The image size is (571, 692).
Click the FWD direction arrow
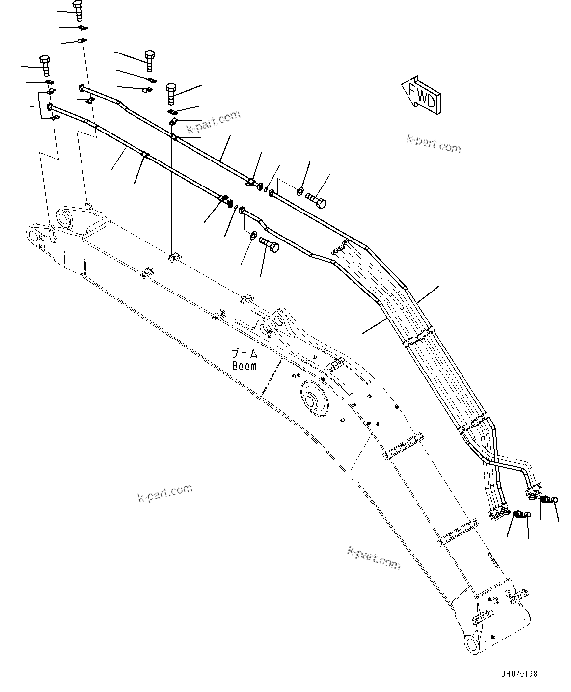coord(420,95)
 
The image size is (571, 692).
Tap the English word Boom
coord(244,366)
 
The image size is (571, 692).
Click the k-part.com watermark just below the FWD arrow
coord(434,144)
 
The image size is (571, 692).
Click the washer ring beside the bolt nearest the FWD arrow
coord(300,189)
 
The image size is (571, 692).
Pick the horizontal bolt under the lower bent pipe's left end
coord(268,244)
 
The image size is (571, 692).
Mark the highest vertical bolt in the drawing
coord(78,9)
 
